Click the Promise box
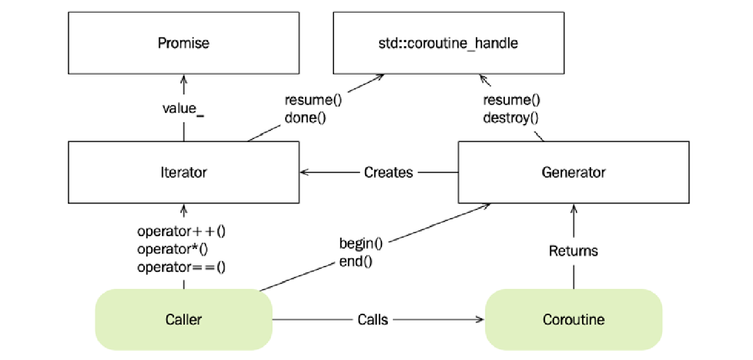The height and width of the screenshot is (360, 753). click(183, 43)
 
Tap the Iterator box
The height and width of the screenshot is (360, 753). click(183, 172)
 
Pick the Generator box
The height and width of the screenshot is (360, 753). click(574, 172)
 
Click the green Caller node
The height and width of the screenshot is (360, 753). click(183, 319)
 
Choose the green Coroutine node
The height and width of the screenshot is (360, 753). click(574, 319)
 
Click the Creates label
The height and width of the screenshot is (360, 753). click(388, 172)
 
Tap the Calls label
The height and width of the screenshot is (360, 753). click(373, 319)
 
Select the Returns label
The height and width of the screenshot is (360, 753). click(574, 251)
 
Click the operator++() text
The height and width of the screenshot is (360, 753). click(181, 232)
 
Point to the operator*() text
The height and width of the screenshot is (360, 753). click(172, 249)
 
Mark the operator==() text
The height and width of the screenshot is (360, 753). click(181, 267)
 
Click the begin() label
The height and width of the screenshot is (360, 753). click(361, 243)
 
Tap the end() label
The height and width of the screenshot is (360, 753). click(356, 261)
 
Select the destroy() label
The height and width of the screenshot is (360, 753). click(511, 119)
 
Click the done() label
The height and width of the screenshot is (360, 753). click(305, 118)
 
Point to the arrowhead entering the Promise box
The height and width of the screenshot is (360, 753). click(183, 77)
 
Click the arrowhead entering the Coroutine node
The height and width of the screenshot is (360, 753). click(480, 319)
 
